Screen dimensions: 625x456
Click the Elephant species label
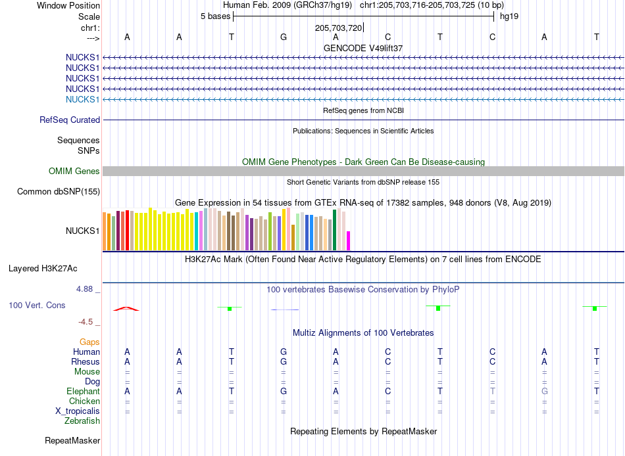(83, 391)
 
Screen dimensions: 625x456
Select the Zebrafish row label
(82, 421)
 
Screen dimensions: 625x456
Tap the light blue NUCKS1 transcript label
(82, 99)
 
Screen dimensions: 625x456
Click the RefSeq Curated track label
(70, 120)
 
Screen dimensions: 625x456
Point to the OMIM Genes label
(74, 171)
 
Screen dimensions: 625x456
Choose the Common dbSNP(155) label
(58, 192)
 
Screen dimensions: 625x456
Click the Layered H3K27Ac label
(43, 269)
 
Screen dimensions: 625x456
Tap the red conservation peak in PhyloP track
(126, 309)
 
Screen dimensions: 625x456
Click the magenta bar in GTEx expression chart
(349, 240)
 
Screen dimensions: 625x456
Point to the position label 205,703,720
(338, 28)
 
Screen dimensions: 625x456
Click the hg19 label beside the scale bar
(509, 16)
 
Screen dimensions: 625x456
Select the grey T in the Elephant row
(493, 391)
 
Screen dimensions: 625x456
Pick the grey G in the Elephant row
(545, 391)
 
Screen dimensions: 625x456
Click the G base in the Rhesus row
(284, 361)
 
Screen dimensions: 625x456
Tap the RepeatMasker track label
(72, 440)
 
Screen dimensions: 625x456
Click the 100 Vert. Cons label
(37, 305)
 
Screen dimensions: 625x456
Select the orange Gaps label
(89, 342)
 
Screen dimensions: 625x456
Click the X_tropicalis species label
(78, 411)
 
